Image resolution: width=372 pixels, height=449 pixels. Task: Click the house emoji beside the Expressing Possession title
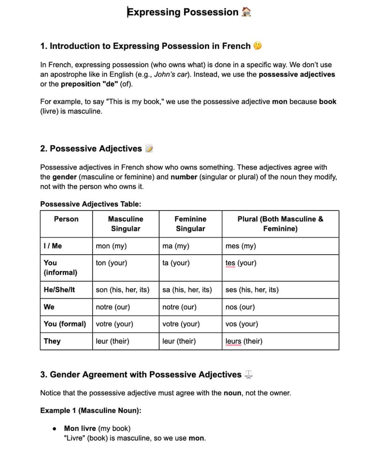coord(246,12)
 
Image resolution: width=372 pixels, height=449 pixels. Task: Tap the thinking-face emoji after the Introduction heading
coord(257,46)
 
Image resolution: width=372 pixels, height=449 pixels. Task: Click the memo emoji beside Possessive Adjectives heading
coord(149,149)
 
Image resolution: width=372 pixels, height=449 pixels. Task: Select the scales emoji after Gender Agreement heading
coord(249,374)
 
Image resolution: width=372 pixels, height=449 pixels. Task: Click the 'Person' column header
coord(66,219)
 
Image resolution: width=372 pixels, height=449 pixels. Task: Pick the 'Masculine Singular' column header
coord(126,224)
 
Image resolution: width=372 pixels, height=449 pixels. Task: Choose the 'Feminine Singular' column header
coord(190,224)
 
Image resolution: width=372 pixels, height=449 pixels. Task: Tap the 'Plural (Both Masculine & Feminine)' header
coord(280,224)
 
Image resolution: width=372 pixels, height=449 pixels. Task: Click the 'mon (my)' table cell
coord(111,246)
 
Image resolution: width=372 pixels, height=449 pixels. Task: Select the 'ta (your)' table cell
coord(176,263)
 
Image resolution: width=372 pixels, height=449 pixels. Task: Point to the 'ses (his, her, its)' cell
coord(252,289)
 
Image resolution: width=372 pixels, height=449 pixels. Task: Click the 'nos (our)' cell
coord(240,307)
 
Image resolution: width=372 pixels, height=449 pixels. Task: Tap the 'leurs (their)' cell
coord(244,341)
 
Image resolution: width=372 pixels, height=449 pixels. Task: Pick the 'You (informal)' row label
coord(60,267)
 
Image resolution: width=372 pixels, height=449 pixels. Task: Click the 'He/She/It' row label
coord(59,289)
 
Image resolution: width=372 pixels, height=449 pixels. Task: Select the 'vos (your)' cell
coord(241,324)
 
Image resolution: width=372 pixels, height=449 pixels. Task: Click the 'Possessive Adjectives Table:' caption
coord(90,204)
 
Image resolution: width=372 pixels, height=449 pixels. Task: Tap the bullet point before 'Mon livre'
coord(55,428)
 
